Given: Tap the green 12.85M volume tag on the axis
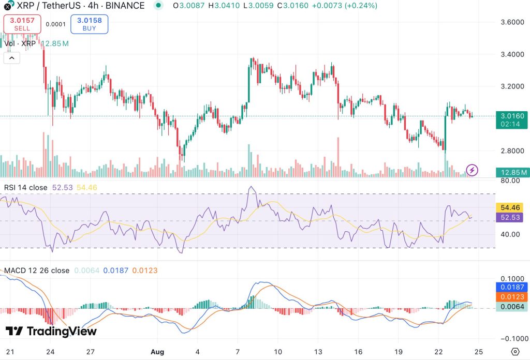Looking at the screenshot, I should coord(511,172).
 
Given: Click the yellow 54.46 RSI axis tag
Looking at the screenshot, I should coord(512,207).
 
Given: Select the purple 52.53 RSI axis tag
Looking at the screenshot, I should coord(512,218).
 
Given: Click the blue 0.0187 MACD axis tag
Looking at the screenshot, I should coord(512,287).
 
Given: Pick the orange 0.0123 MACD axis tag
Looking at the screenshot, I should coord(512,297).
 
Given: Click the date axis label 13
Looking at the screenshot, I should coord(318,351).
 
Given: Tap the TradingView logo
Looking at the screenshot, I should coord(51,331).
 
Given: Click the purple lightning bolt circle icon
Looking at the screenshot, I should coord(473,170).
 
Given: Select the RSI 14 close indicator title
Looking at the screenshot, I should coord(25,187).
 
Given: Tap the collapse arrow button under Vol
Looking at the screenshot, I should coord(12,58).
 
